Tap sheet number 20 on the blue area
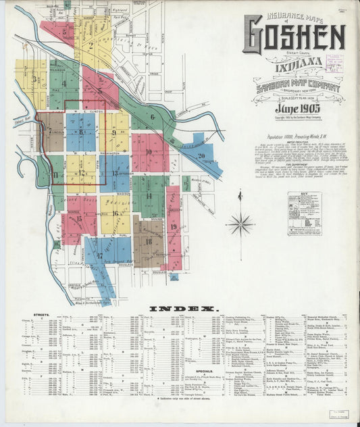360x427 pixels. (x=201, y=156)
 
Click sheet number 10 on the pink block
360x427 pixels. (x=149, y=151)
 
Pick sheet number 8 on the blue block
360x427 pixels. (x=81, y=132)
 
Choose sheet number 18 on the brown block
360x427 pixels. (x=148, y=241)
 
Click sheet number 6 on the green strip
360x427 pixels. (x=153, y=116)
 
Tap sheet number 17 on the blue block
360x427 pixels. (x=99, y=255)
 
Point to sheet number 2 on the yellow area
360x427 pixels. (x=91, y=46)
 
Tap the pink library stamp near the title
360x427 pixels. (x=333, y=63)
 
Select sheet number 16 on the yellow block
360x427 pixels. (x=116, y=213)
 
